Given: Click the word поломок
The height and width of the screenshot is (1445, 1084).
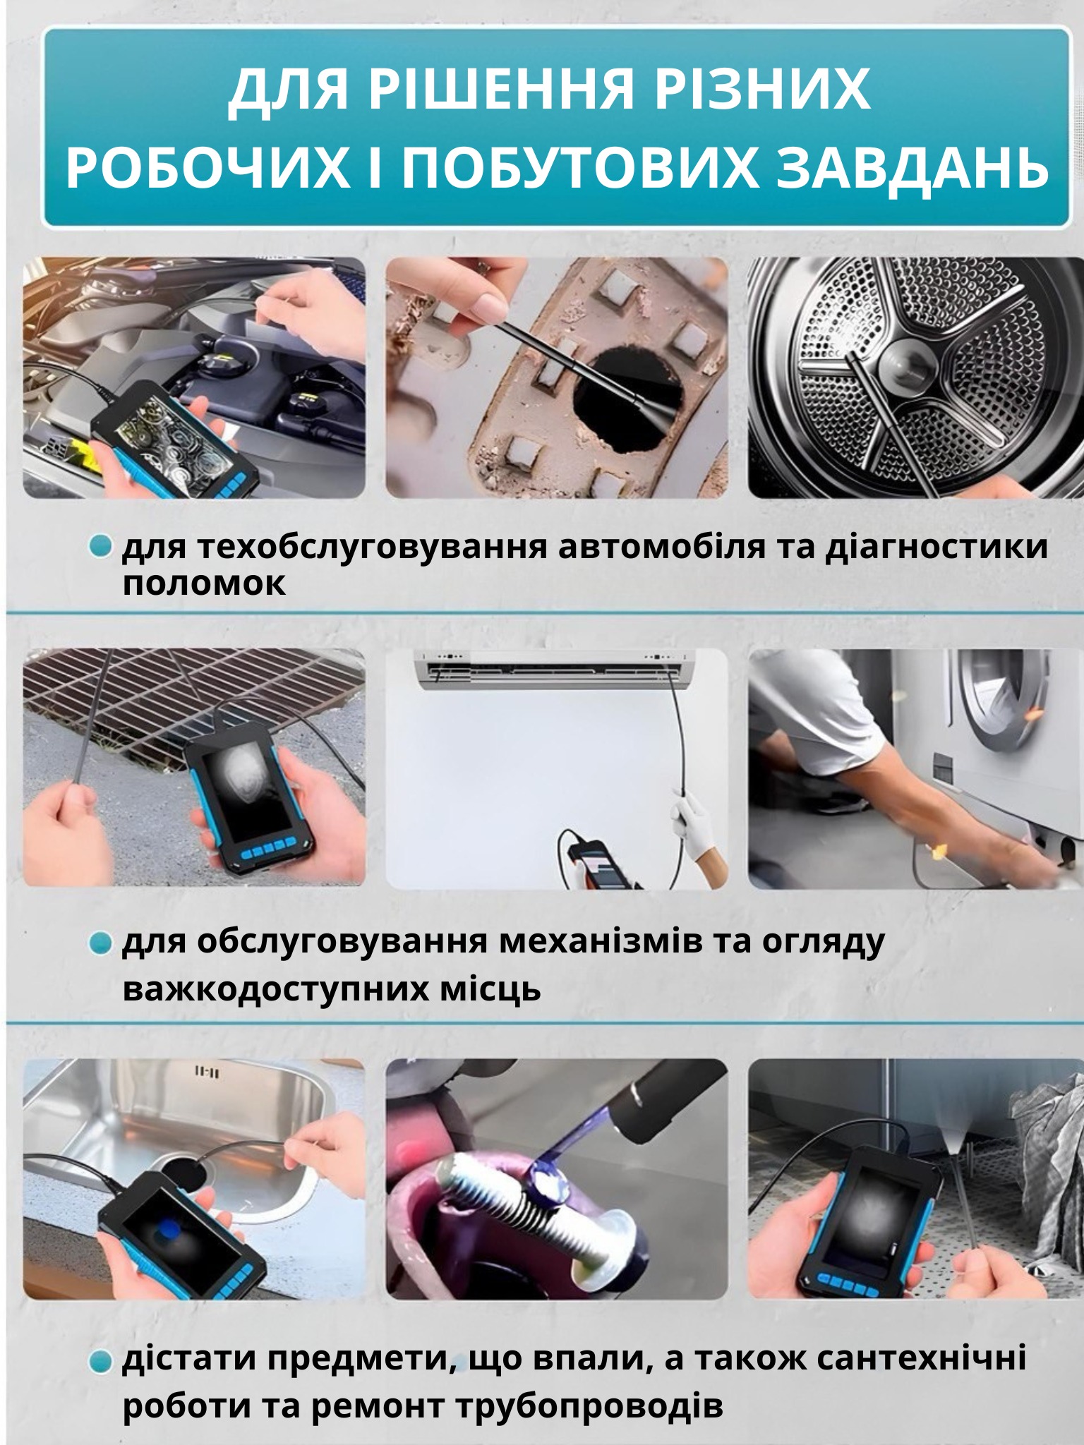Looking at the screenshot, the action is pyautogui.click(x=205, y=584).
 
